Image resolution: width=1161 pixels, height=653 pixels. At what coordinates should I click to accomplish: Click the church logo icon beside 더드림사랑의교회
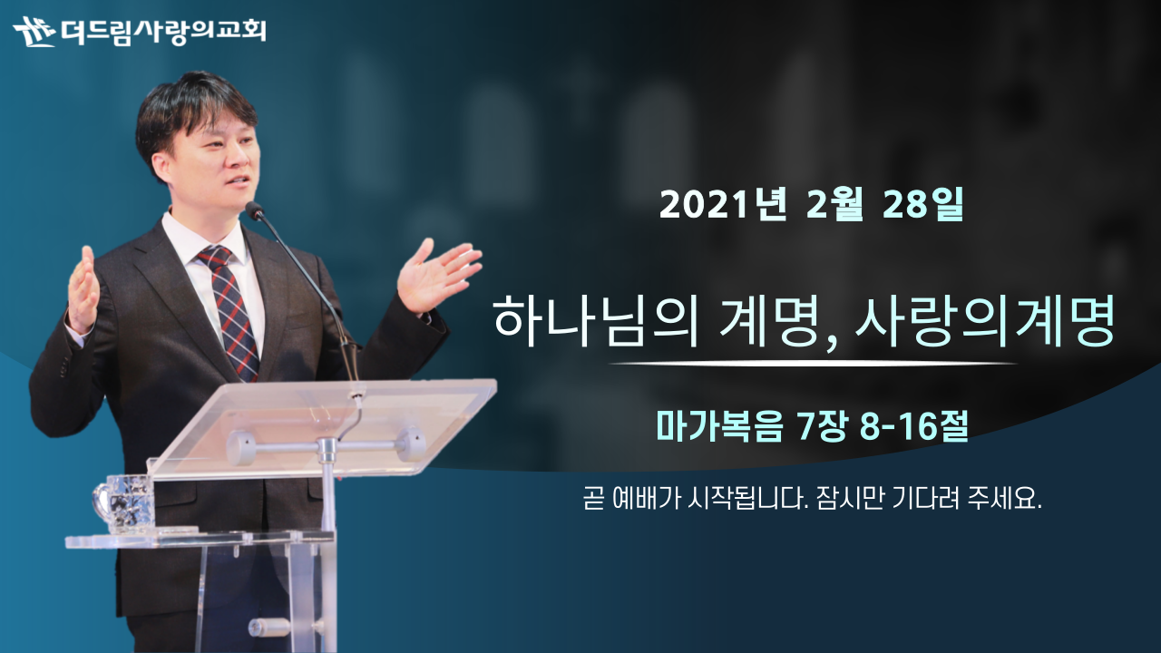click(x=34, y=32)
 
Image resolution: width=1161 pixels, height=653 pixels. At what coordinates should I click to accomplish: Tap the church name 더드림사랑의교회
click(x=163, y=32)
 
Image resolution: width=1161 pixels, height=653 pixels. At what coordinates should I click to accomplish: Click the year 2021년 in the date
click(x=723, y=205)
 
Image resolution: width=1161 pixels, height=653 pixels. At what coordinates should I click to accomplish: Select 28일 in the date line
click(x=922, y=205)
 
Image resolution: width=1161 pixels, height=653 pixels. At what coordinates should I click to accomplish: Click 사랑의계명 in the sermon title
click(x=985, y=321)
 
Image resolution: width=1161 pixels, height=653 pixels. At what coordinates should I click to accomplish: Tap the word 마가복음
click(x=719, y=426)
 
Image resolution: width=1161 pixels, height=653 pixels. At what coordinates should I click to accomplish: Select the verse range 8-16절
click(x=913, y=426)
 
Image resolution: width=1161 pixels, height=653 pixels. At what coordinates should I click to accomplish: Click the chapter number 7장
click(x=822, y=426)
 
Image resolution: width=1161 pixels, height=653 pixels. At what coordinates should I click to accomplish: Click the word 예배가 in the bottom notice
click(x=645, y=499)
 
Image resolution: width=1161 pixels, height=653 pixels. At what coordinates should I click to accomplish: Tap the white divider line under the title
click(x=813, y=364)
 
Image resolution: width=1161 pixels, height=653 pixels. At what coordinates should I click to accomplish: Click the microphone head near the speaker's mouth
click(x=255, y=210)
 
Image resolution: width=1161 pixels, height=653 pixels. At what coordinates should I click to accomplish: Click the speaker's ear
click(x=161, y=169)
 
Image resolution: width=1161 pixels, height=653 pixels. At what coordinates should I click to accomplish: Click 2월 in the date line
click(x=834, y=205)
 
